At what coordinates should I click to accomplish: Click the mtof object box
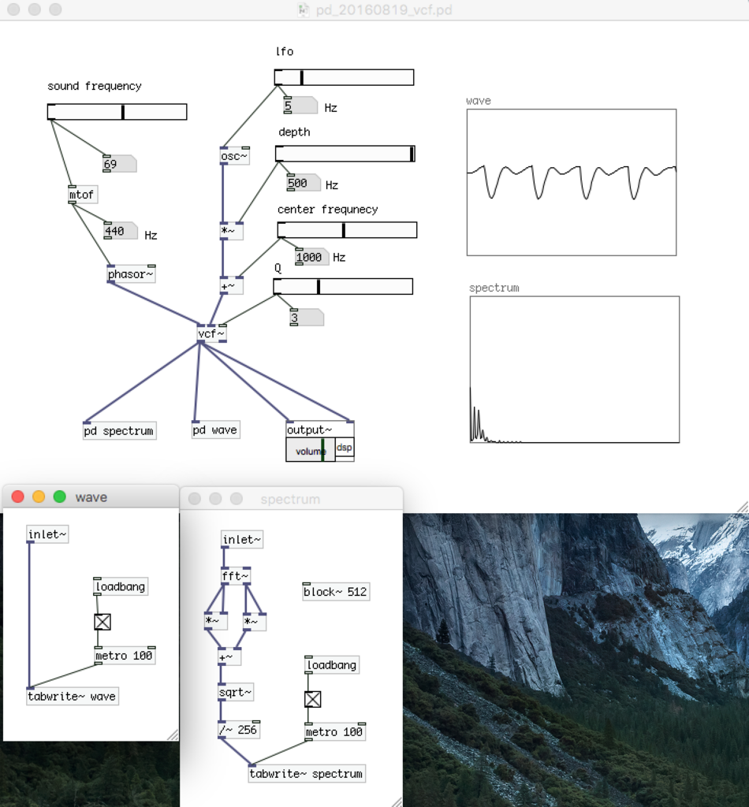click(83, 195)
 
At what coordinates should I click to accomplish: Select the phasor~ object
click(131, 274)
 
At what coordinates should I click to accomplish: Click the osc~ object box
click(234, 156)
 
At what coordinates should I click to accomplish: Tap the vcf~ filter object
click(211, 334)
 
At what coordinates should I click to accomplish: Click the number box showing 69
click(118, 164)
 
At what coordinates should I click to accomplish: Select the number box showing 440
click(120, 232)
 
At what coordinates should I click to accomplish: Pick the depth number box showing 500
click(303, 184)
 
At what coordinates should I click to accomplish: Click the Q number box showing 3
click(305, 318)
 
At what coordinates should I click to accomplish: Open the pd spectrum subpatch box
click(119, 431)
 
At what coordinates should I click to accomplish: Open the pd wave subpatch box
click(215, 430)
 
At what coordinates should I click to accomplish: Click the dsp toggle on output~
click(345, 448)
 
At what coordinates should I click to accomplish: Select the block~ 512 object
click(336, 592)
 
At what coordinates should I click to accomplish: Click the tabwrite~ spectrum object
click(307, 774)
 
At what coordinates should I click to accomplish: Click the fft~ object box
click(236, 577)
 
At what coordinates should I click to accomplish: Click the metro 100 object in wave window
click(125, 656)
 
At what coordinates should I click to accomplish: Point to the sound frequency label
click(95, 86)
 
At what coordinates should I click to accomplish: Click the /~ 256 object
click(239, 730)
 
